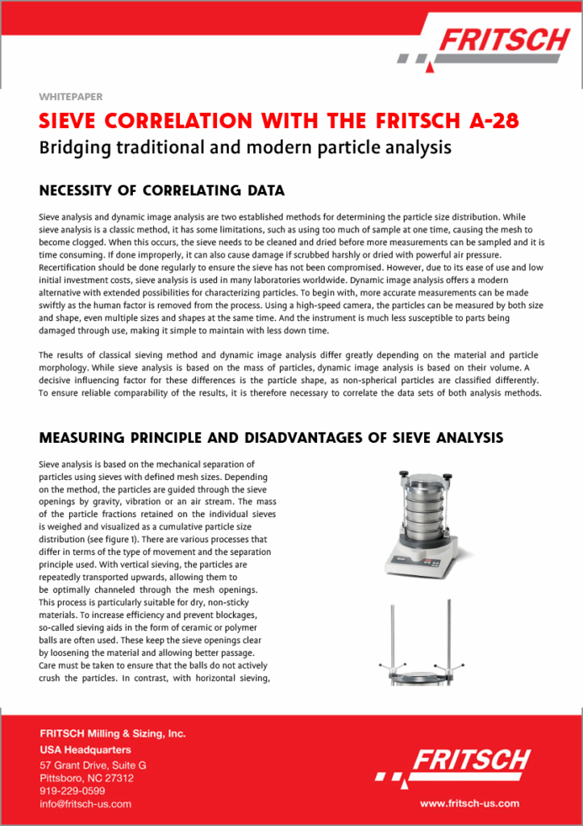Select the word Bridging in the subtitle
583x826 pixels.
[x=75, y=148]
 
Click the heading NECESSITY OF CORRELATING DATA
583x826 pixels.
[x=161, y=191]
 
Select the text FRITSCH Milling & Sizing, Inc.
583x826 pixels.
[x=113, y=734]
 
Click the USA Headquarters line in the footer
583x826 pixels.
[x=85, y=749]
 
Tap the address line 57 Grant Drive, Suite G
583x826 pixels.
[x=93, y=765]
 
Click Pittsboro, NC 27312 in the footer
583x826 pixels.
[x=86, y=778]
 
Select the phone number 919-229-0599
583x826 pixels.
[x=73, y=791]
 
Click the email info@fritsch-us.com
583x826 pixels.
[x=85, y=803]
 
